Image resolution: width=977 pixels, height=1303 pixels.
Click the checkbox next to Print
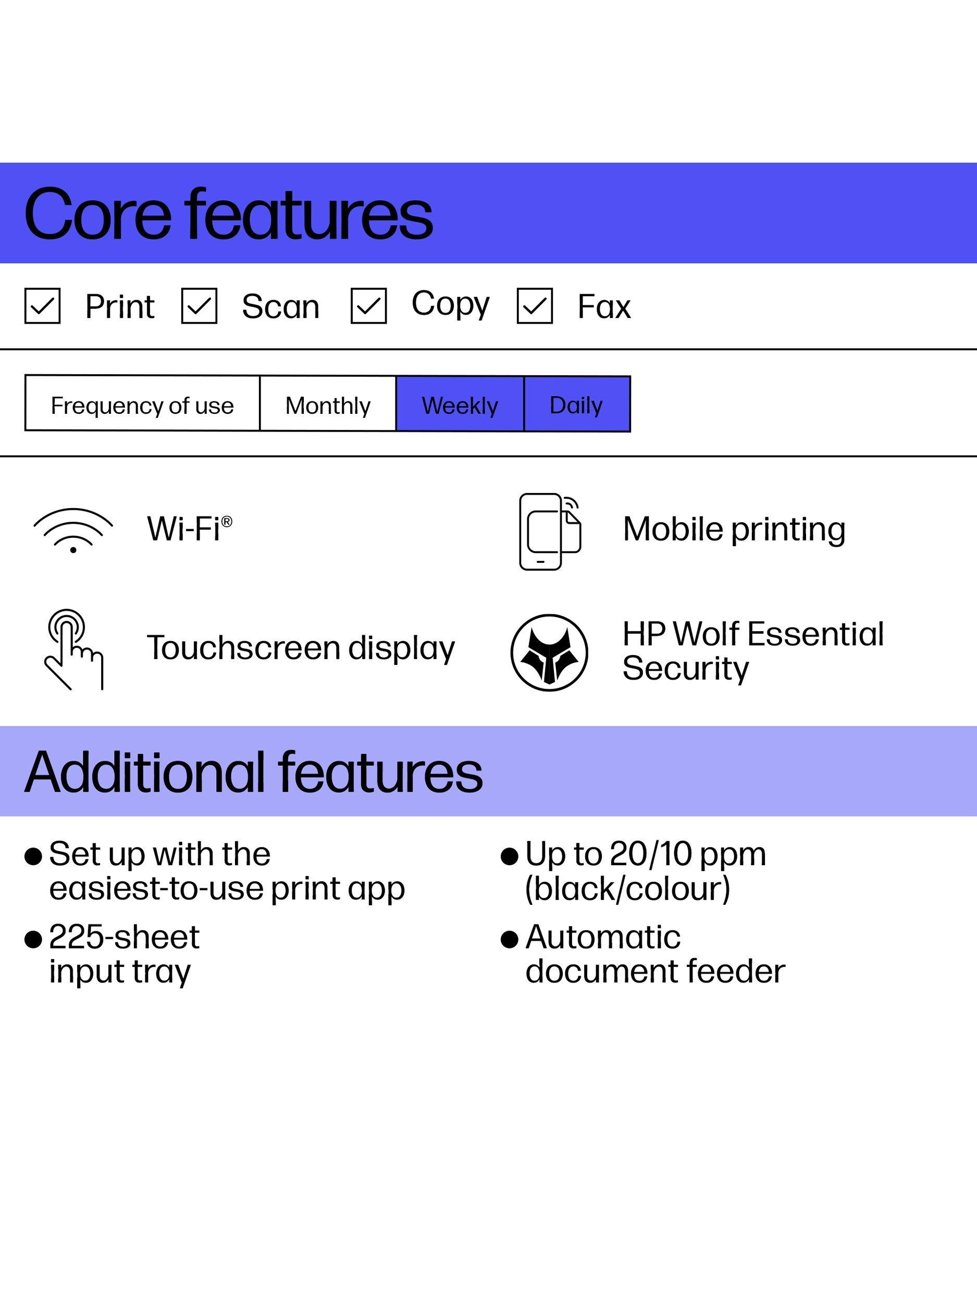42,306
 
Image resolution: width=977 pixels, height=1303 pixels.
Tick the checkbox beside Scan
199,306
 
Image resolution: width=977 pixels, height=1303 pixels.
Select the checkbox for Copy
369,306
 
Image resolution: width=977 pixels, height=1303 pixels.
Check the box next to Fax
535,306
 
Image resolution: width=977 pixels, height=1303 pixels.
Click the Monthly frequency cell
328,404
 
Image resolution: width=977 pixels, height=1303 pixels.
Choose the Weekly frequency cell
460,404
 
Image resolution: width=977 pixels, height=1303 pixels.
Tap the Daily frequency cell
577,404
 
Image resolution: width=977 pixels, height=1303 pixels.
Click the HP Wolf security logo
549,652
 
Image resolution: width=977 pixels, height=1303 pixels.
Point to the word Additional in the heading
145,772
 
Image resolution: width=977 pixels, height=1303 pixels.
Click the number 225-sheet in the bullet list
124,937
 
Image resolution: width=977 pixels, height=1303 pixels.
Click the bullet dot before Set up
33,856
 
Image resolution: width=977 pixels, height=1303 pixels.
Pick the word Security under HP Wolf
686,669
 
